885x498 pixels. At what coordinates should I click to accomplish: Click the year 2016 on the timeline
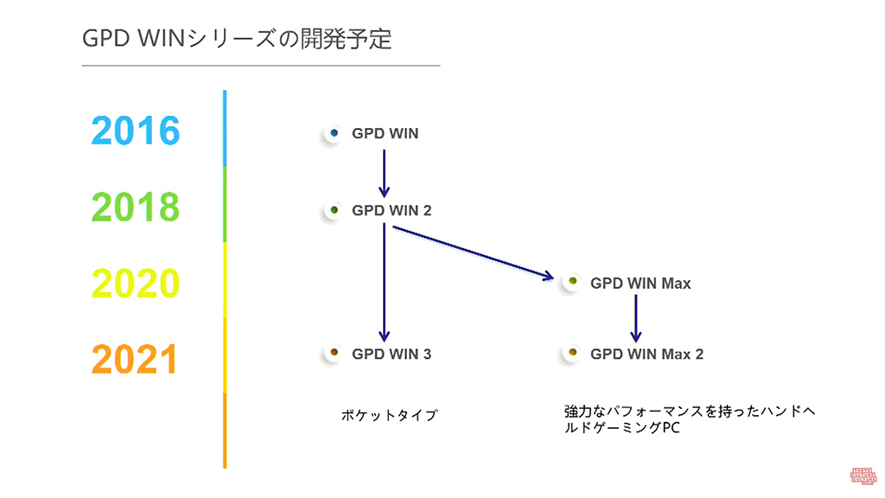(x=136, y=131)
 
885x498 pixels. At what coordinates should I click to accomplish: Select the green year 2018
(x=136, y=207)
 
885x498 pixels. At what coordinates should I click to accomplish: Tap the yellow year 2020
(x=136, y=284)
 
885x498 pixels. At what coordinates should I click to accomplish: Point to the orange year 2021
(x=135, y=359)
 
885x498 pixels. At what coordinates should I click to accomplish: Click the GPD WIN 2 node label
(x=391, y=210)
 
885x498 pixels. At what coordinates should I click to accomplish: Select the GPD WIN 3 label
(x=391, y=354)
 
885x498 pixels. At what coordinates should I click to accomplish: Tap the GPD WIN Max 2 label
(x=646, y=354)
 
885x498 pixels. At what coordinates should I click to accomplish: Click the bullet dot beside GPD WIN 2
(x=333, y=210)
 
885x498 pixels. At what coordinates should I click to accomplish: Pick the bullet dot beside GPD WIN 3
(x=333, y=354)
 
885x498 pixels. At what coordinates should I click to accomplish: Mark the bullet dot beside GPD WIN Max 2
(x=571, y=354)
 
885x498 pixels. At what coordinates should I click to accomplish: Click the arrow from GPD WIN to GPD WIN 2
(x=384, y=172)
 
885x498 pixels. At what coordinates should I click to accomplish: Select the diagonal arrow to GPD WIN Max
(x=472, y=252)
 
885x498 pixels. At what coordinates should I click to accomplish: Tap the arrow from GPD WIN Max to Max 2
(x=635, y=317)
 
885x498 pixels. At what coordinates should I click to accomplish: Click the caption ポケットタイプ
(x=390, y=415)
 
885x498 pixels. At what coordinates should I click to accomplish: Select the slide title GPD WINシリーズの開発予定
(x=236, y=39)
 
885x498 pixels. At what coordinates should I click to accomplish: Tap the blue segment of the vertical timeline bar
(x=225, y=128)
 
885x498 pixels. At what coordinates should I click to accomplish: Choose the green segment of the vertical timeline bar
(x=225, y=204)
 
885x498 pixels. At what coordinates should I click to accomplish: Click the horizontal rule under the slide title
(x=260, y=66)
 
